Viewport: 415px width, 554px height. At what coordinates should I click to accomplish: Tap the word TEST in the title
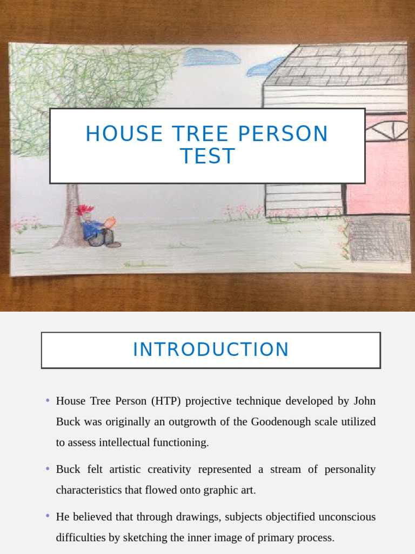(x=207, y=156)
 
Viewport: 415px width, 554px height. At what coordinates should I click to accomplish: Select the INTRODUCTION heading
(x=211, y=350)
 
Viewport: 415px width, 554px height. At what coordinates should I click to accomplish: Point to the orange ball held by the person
(x=110, y=222)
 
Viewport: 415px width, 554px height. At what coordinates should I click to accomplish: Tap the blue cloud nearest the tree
(x=211, y=57)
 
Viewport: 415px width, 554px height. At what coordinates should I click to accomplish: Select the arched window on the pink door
(x=387, y=130)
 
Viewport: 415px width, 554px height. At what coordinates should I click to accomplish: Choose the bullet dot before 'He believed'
(x=48, y=516)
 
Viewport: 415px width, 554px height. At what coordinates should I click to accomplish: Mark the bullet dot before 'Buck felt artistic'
(x=48, y=469)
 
